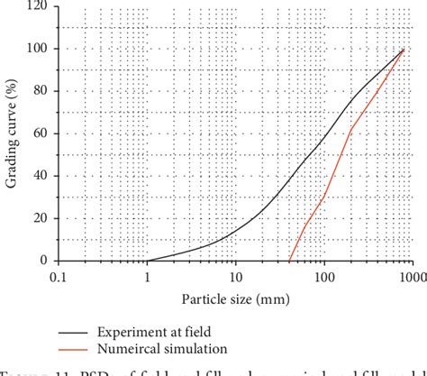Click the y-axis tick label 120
(39, 6)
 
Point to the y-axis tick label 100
(39, 49)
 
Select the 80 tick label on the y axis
(41, 91)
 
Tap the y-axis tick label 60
(41, 133)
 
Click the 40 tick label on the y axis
(41, 176)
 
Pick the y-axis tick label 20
(41, 218)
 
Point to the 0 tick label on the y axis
(45, 261)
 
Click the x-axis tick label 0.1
(59, 277)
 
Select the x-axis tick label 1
(147, 277)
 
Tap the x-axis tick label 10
(235, 277)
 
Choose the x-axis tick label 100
(323, 277)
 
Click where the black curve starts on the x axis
(148, 260)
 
